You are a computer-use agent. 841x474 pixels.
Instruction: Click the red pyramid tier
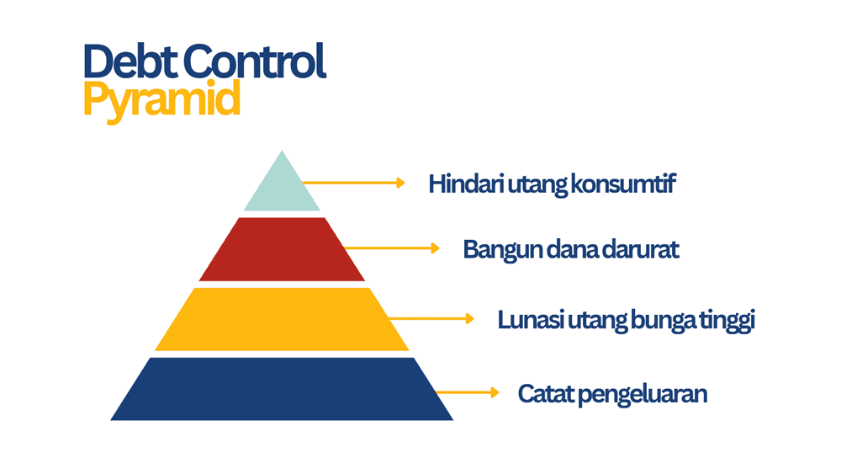(282, 250)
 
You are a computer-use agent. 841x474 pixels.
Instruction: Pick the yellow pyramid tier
(282, 320)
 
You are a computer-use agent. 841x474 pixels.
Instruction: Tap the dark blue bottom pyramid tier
(282, 389)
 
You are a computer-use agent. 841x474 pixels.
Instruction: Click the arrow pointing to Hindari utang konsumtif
(353, 182)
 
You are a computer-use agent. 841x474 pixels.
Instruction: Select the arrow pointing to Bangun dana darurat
(392, 248)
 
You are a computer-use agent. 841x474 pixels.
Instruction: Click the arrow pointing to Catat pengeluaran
(468, 391)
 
